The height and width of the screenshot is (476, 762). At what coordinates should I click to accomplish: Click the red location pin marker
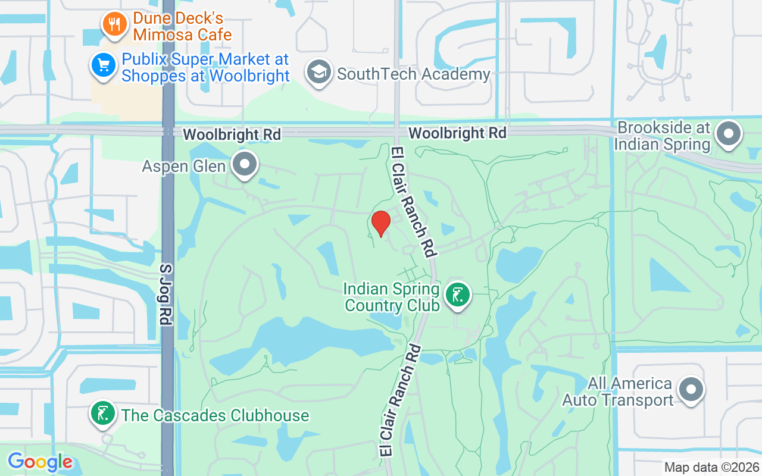coord(380,223)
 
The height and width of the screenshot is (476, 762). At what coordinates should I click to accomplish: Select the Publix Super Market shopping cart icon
coord(102,65)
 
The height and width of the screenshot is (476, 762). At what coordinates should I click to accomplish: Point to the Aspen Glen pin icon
coord(244,164)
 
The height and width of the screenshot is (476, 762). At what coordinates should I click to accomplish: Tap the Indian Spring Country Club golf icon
coord(457,295)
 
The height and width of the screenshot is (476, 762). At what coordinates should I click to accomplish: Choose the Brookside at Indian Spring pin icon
coord(728,133)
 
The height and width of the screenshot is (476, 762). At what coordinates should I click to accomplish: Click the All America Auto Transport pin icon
coord(691,390)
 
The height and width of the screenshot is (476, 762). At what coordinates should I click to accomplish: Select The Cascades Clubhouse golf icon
coord(102,413)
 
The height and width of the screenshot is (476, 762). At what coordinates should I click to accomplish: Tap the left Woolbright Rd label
coord(232,134)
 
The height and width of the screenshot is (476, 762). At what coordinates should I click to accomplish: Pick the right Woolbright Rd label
coord(457,133)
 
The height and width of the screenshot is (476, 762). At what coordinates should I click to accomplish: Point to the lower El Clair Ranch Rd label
coord(399,400)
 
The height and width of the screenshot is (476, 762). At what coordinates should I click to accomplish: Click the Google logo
coord(40,462)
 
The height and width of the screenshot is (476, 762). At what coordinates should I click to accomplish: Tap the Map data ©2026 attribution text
coord(711,467)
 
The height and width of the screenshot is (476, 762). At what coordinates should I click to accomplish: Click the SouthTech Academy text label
coord(413,74)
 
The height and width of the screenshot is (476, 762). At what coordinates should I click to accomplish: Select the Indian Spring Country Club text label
coord(392,297)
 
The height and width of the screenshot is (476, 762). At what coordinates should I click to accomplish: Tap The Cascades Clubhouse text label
coord(215,415)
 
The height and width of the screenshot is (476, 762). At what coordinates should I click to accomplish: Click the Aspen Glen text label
coord(184,166)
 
